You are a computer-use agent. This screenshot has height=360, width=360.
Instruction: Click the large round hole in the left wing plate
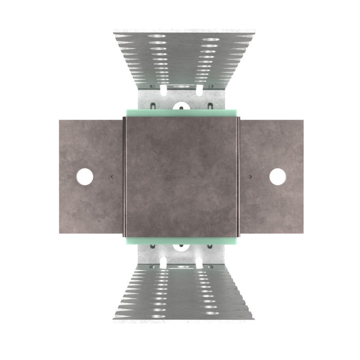85,176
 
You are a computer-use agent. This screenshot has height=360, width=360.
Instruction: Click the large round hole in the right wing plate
278,176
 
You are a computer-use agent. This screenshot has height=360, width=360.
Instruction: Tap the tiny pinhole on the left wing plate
112,177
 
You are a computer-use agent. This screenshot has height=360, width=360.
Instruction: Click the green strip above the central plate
181,113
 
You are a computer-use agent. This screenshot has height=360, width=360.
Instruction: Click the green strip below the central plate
181,241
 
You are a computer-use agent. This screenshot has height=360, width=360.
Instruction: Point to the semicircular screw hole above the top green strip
181,107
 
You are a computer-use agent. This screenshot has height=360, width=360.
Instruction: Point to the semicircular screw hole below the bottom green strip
181,247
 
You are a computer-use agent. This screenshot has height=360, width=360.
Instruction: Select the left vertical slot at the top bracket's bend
163,90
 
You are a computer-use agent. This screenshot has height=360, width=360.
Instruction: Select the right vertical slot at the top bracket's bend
199,90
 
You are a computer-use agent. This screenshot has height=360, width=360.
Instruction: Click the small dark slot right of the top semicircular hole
210,106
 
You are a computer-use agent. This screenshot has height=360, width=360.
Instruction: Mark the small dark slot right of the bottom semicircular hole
210,247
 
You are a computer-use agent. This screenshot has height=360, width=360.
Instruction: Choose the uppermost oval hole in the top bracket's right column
211,39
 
